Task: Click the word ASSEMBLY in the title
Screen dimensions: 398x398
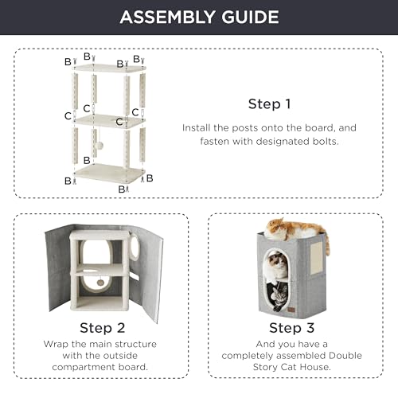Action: tap(167, 17)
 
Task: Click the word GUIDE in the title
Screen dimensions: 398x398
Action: tap(250, 17)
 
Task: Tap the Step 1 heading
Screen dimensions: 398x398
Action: tap(269, 104)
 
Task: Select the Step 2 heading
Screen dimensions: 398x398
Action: tap(103, 328)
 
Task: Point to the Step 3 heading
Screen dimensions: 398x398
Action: tap(292, 328)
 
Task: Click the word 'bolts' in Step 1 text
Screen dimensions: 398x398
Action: tap(326, 141)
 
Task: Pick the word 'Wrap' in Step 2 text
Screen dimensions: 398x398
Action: tap(56, 345)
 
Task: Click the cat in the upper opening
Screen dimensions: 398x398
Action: tap(277, 265)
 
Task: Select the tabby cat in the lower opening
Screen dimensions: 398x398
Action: tap(277, 297)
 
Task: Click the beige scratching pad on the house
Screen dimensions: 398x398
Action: tap(317, 258)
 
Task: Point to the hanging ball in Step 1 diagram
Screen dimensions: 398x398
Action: tap(99, 146)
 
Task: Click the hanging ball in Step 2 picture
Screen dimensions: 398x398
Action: tap(100, 283)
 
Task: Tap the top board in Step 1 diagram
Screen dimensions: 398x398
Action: tap(110, 68)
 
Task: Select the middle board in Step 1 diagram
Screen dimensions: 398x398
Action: tap(110, 121)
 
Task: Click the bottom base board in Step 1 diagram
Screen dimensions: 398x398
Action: tap(109, 173)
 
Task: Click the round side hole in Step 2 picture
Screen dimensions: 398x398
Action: tap(135, 247)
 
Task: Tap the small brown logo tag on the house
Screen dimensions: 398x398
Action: tap(292, 310)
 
